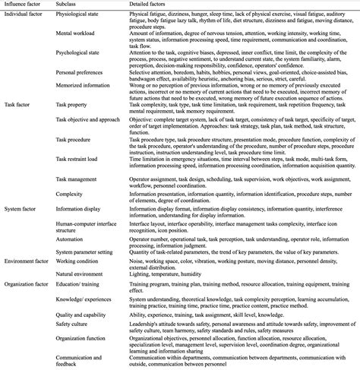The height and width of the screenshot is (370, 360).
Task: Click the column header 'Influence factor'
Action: tap(24, 5)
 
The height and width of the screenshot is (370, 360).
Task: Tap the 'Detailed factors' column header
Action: tap(150, 5)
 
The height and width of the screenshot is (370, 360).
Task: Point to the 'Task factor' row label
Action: tap(20, 103)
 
